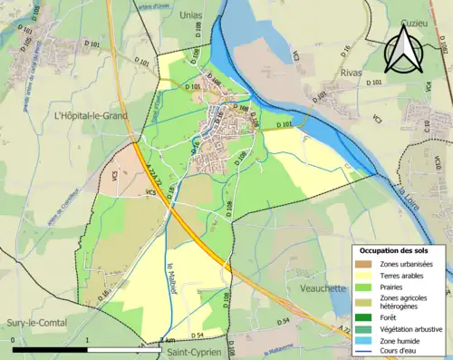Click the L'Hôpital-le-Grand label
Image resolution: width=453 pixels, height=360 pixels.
pos(90,115)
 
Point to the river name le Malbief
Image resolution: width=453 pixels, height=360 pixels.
pos(171,276)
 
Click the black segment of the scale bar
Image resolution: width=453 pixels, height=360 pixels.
pos(51,349)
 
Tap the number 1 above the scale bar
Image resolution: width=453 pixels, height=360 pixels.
pos(87,340)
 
